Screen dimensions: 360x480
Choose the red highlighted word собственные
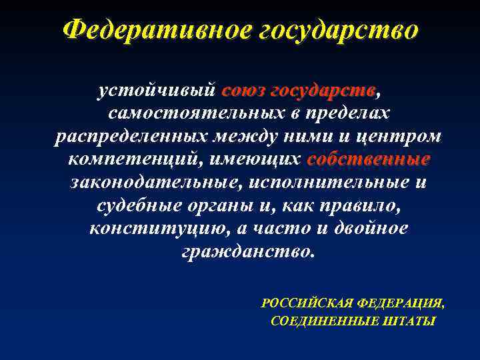(x=369, y=160)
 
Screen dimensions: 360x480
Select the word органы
(x=213, y=206)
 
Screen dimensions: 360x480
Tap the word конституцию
(x=155, y=229)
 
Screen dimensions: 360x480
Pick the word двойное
(x=375, y=229)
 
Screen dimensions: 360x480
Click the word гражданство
(x=246, y=252)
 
